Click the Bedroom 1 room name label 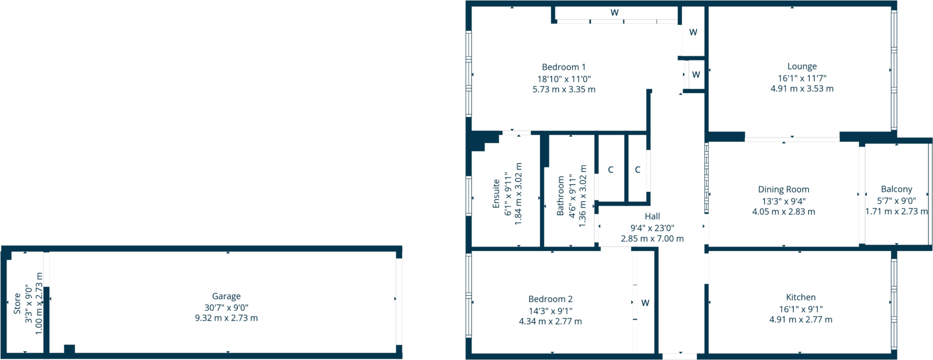[564, 67]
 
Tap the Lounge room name [802, 67]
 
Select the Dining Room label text [783, 189]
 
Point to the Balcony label [896, 189]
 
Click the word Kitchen [800, 297]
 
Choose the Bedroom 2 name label [550, 299]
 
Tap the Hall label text [652, 217]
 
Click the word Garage [226, 296]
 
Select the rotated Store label [17, 304]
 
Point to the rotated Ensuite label [496, 194]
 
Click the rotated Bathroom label [560, 195]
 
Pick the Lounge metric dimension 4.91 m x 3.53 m [802, 88]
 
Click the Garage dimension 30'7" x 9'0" [226, 308]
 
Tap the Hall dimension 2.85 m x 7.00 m [652, 238]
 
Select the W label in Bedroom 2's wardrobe [645, 303]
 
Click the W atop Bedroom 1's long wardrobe [614, 13]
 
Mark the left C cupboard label [611, 170]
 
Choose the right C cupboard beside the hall [637, 170]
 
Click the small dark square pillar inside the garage [69, 349]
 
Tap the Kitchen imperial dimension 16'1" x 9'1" [800, 309]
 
